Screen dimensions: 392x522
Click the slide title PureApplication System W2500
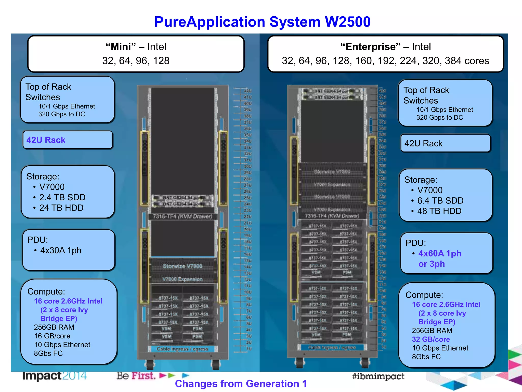(x=262, y=22)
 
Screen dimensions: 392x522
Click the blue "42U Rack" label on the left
(x=46, y=140)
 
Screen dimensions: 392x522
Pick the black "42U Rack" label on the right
(x=423, y=143)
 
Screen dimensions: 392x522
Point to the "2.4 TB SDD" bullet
(x=62, y=197)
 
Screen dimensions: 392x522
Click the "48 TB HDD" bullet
(x=439, y=211)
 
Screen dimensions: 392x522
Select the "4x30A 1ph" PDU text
(x=61, y=250)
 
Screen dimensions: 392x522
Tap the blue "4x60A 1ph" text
(x=440, y=253)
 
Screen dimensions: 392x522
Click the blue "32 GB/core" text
(x=431, y=339)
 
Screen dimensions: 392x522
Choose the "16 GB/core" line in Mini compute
(x=52, y=336)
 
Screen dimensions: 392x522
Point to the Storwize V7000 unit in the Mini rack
(x=182, y=266)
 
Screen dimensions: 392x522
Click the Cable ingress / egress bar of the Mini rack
(x=182, y=349)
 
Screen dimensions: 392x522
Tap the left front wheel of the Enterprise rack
(x=299, y=362)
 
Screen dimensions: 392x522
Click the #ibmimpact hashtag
(x=378, y=376)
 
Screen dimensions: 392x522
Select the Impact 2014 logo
(x=54, y=376)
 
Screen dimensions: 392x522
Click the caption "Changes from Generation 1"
(x=241, y=384)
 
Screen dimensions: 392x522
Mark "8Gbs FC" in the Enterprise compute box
(x=426, y=357)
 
